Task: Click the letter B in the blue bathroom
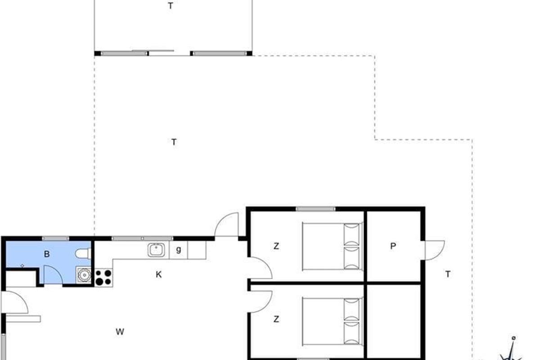[47, 254]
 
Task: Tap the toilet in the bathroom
[83, 254]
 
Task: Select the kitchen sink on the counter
[156, 250]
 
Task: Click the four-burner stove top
[103, 278]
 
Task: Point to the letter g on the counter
[178, 250]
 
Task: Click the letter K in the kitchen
[158, 274]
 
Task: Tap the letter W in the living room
[120, 332]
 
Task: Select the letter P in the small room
[393, 246]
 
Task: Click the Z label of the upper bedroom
[276, 246]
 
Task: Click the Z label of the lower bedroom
[276, 319]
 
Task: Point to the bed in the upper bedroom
[332, 246]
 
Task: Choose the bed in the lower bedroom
[332, 321]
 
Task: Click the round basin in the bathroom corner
[84, 275]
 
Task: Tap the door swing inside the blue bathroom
[54, 274]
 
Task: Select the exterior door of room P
[434, 250]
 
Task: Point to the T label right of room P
[448, 274]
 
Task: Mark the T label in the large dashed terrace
[174, 142]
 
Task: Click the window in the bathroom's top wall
[55, 238]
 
